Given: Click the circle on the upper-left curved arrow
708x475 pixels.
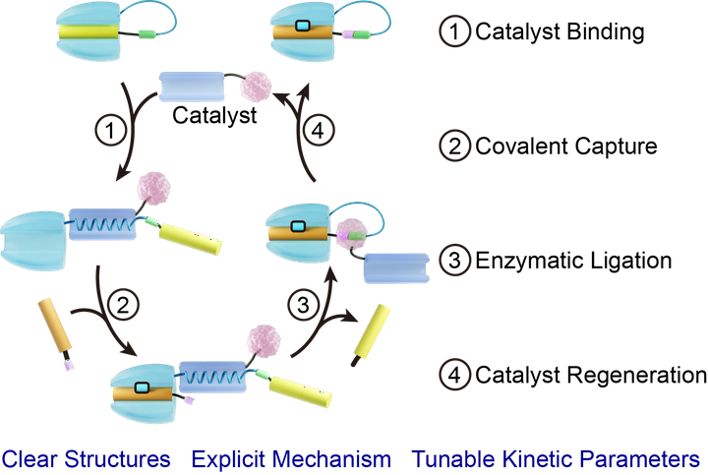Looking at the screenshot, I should [x=109, y=129].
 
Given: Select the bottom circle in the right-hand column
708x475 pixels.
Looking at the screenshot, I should [x=454, y=374].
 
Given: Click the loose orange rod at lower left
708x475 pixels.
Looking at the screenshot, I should [x=55, y=327].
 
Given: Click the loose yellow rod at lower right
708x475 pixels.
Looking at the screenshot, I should [x=371, y=330].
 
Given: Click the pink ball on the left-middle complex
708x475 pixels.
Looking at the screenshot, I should [x=153, y=187].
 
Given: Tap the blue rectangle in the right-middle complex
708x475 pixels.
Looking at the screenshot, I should [x=396, y=267].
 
